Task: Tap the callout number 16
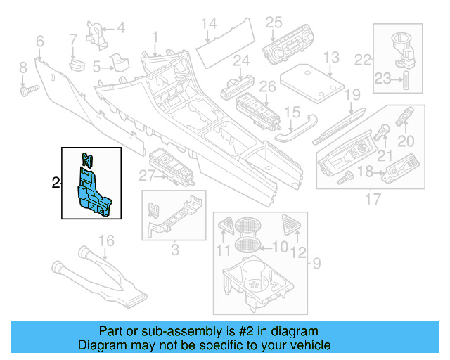pos(105,242)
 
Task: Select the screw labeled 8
pos(28,90)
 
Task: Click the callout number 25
pos(274,22)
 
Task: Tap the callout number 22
pos(363,60)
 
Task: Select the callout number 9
pos(316,264)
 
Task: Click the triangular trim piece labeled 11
pos(226,226)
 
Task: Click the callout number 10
pos(280,247)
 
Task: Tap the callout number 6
pos(39,41)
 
